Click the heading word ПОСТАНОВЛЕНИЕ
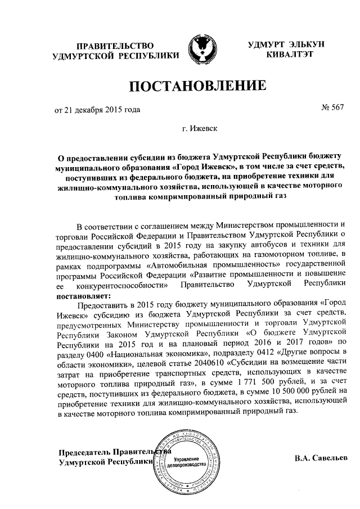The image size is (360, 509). tap(197, 87)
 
